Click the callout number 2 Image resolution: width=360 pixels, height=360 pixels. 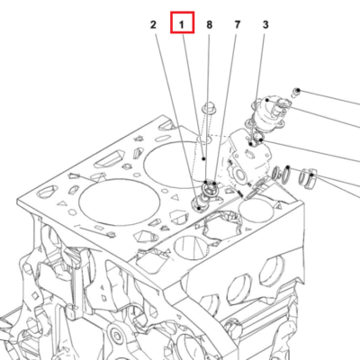[153, 24]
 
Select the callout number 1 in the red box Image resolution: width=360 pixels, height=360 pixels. [182, 24]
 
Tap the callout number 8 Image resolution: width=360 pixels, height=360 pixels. [209, 24]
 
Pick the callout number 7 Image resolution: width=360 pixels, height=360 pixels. [238, 24]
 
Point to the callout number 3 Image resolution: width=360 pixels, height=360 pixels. [265, 24]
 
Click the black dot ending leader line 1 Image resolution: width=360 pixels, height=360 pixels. [204, 158]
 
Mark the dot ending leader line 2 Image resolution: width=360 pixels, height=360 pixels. [199, 208]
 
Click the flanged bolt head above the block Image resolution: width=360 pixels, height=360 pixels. [208, 108]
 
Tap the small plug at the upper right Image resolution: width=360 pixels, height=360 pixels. [297, 92]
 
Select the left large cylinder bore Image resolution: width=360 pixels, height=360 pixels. [119, 202]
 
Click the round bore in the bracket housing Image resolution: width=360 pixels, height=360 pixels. [240, 175]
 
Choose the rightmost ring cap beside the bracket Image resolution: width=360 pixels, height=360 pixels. [309, 179]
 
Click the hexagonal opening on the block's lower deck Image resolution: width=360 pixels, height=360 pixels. [221, 225]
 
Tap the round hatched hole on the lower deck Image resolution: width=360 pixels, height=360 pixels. [190, 247]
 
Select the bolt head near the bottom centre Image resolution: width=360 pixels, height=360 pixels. [116, 333]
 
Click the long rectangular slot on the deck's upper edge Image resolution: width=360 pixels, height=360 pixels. [109, 159]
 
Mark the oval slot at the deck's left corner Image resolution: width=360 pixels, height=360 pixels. [48, 191]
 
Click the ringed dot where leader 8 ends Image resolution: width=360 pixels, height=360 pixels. [206, 182]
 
